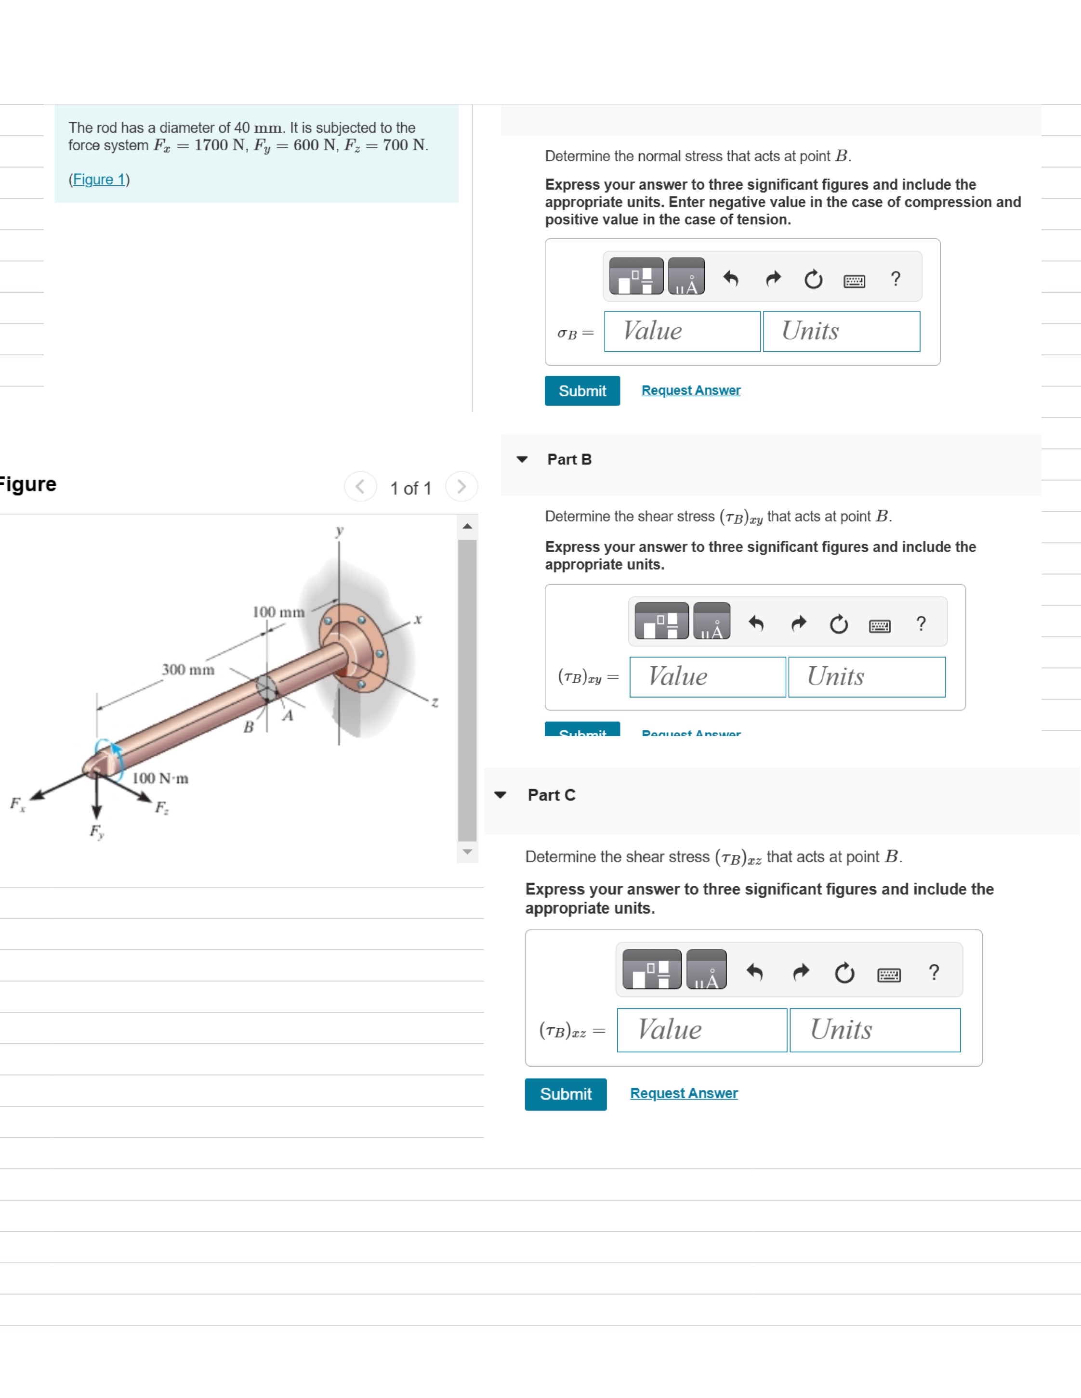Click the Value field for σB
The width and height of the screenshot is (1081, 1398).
click(x=682, y=332)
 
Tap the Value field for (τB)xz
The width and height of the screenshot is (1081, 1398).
click(x=701, y=1030)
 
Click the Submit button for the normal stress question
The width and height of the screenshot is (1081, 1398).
click(x=581, y=390)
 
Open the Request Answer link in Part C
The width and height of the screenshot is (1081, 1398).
click(x=683, y=1093)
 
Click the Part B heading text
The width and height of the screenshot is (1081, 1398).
click(x=568, y=460)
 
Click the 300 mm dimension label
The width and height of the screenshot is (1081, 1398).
click(x=188, y=670)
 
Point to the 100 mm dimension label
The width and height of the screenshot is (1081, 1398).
click(x=278, y=612)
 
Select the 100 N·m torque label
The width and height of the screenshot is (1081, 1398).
click(x=160, y=778)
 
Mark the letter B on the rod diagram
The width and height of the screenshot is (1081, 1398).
click(x=249, y=727)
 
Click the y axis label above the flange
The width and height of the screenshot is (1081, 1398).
click(x=340, y=530)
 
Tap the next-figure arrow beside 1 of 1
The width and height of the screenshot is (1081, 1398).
click(x=461, y=487)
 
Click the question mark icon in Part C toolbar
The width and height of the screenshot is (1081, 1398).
click(x=934, y=973)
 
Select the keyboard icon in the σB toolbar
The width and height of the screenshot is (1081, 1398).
click(x=854, y=281)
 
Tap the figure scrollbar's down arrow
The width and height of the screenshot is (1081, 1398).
click(x=467, y=852)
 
